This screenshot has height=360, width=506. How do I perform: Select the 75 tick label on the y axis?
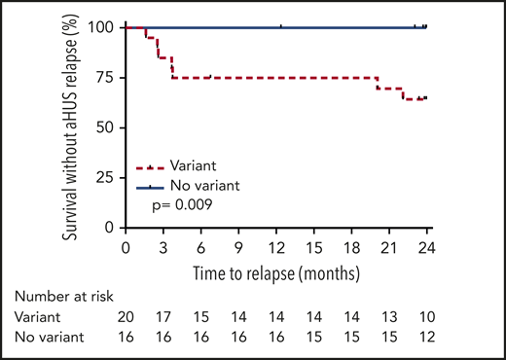pos(105,78)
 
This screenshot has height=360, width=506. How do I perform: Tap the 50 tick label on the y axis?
pos(105,127)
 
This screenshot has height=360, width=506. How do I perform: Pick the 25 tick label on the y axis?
pos(105,178)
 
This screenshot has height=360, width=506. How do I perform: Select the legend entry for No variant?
pos(205,185)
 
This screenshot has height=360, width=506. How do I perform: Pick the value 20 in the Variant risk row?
pos(126,316)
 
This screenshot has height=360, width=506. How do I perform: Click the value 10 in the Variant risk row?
pos(426,316)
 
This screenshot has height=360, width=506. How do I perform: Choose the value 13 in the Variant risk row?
pos(389,316)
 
